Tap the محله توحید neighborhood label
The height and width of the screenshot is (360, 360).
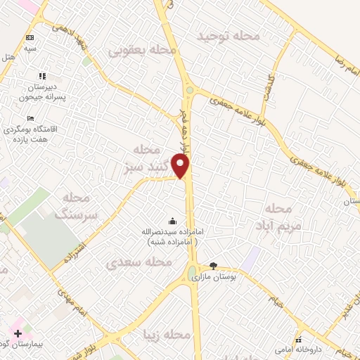(229, 35)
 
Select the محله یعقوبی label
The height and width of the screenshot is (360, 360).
(141, 50)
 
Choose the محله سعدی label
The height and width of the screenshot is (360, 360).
(139, 262)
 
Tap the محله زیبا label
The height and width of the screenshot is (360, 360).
(165, 335)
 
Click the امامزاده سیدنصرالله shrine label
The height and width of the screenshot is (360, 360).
(171, 236)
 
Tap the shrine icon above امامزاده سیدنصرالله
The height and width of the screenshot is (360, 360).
(173, 220)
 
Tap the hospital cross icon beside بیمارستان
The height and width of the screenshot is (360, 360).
(18, 333)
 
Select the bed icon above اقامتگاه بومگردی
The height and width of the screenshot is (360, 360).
(30, 118)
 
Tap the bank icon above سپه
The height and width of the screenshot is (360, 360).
(30, 37)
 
